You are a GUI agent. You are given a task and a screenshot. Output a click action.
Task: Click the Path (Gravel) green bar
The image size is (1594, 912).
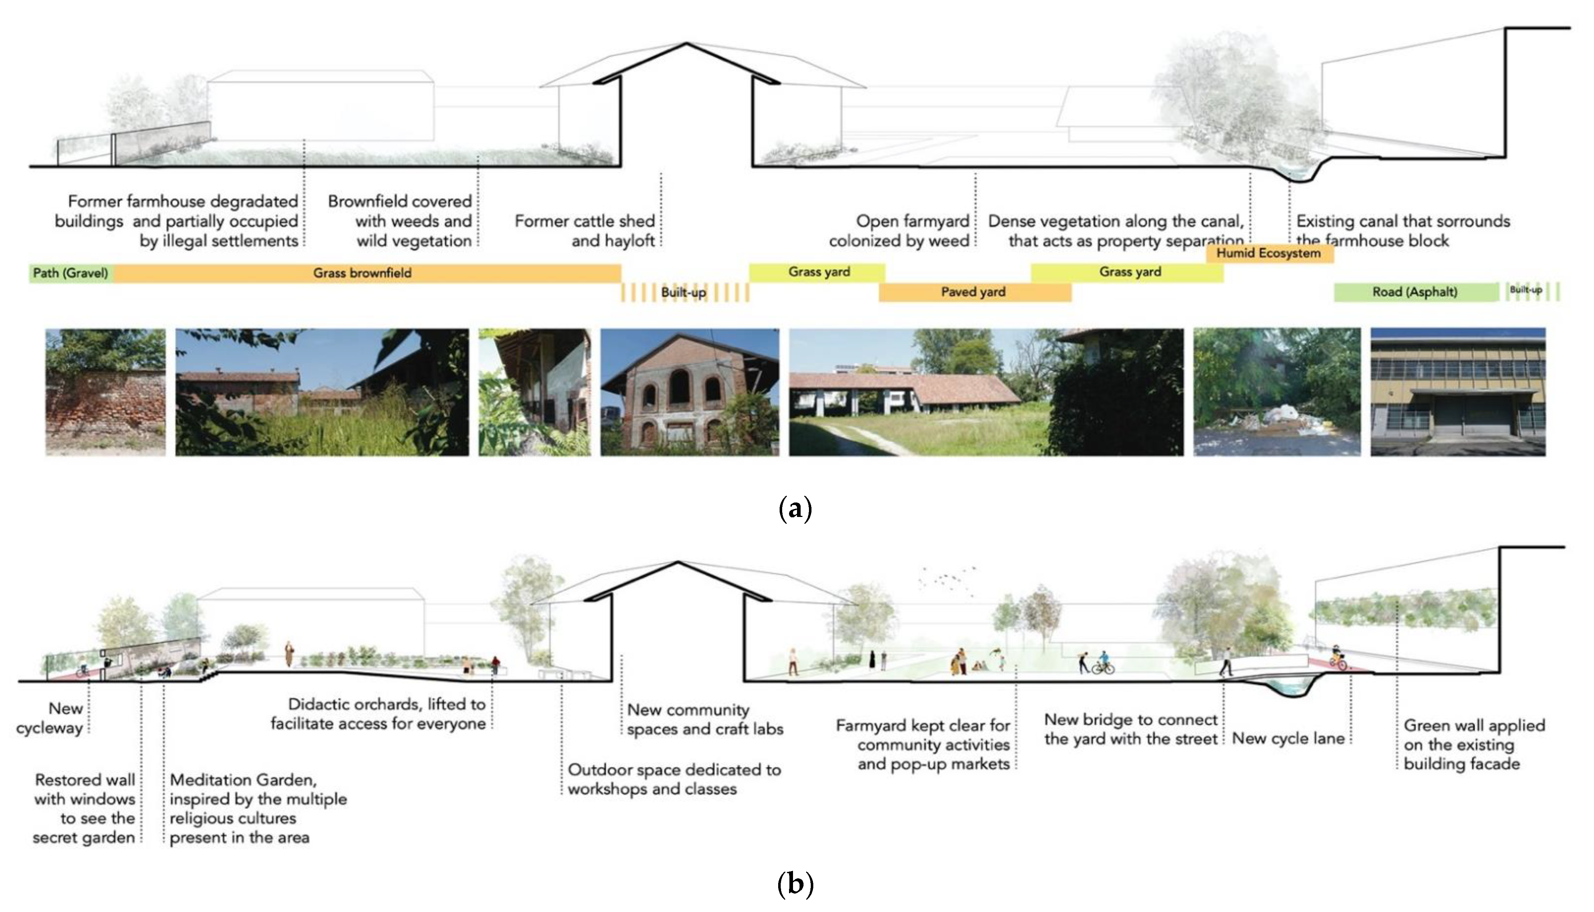pos(70,273)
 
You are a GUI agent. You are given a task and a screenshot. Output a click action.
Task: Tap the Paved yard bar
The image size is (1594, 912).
pos(973,292)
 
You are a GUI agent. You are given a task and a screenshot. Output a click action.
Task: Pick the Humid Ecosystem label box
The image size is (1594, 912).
pos(1269,253)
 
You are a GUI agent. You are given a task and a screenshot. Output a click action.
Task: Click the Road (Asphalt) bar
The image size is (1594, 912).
pos(1415,292)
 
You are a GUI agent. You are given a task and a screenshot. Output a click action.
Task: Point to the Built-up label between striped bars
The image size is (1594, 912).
pos(683,293)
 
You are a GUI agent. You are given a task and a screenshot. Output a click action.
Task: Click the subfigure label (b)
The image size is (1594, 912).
pos(795,884)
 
